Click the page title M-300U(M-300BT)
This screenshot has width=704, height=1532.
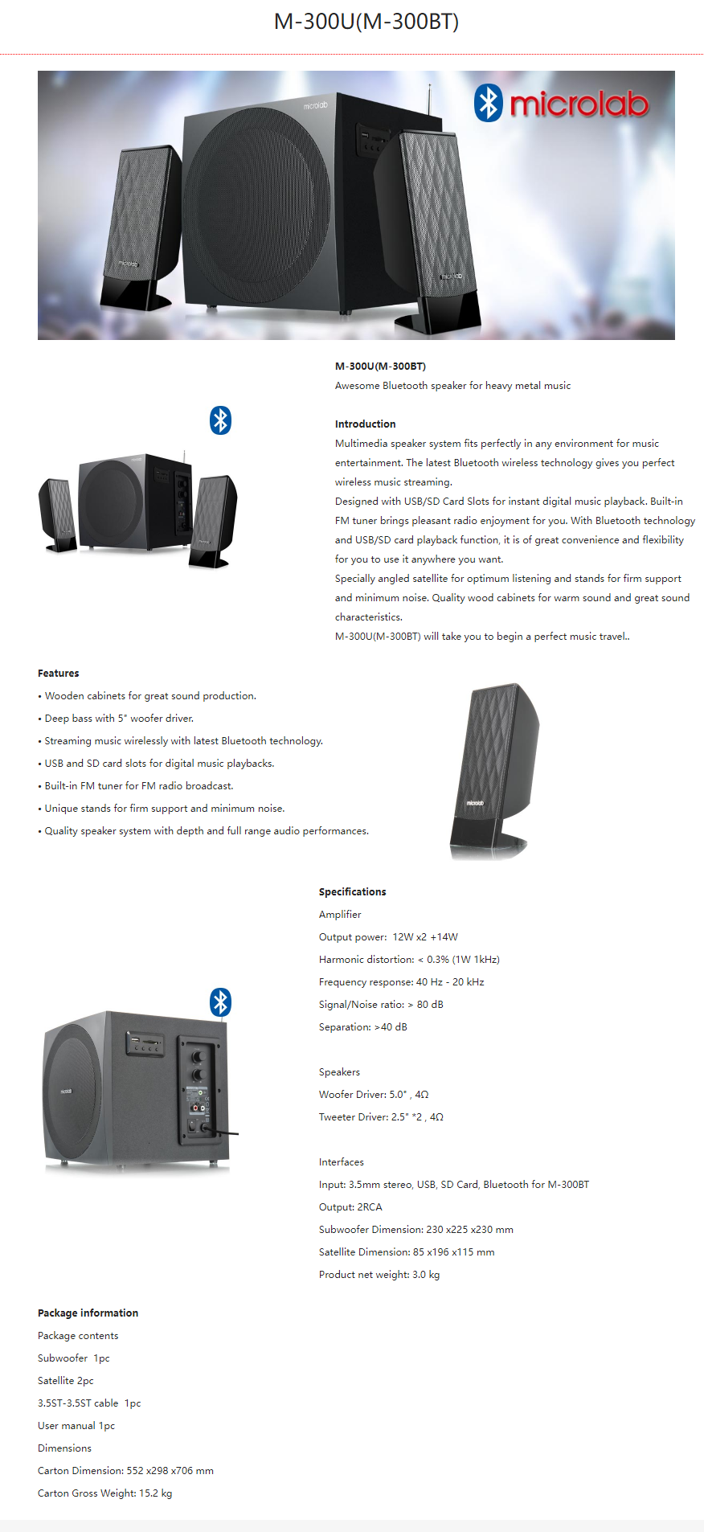click(x=366, y=22)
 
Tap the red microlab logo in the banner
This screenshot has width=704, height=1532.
click(x=579, y=104)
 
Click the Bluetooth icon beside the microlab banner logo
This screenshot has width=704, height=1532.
click(x=488, y=103)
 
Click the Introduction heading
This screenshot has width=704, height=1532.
click(x=365, y=424)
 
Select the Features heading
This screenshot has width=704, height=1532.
click(x=59, y=674)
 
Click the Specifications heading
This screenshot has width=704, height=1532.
click(x=352, y=892)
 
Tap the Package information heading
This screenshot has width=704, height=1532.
click(x=88, y=1313)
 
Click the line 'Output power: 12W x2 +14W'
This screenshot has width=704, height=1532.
click(x=388, y=937)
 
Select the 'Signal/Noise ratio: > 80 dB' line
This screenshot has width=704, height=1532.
click(x=381, y=1005)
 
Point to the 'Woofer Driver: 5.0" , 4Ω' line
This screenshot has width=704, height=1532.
click(x=374, y=1095)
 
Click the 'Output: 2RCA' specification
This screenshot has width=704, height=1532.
click(x=350, y=1207)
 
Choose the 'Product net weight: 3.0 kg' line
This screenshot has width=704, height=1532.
click(x=379, y=1275)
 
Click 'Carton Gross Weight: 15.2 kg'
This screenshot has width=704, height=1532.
click(x=104, y=1493)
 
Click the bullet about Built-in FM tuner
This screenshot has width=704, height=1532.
click(x=138, y=786)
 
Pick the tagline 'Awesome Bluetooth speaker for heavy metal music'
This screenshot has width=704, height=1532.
click(x=452, y=386)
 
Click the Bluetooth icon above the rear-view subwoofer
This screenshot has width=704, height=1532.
click(x=220, y=1002)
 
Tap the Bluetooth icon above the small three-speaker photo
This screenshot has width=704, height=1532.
click(x=220, y=420)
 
